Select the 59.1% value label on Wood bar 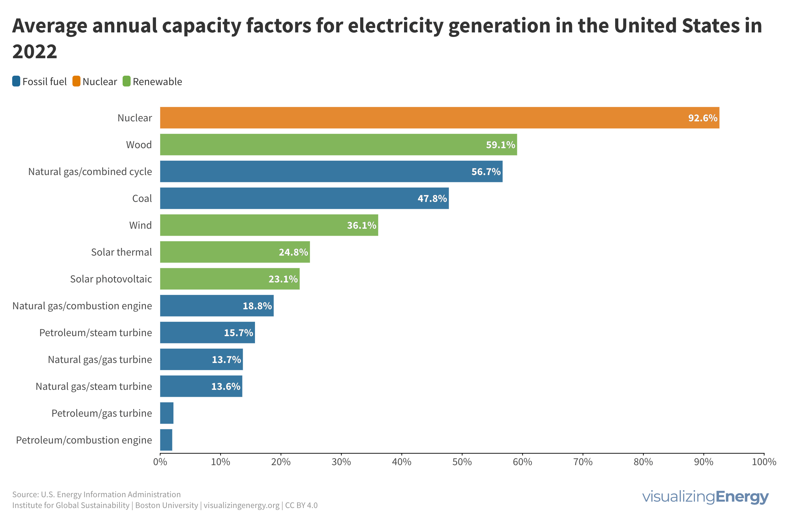coord(500,145)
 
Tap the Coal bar coord(304,198)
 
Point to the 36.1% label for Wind coord(361,225)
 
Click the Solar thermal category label coord(121,252)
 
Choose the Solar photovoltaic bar coord(230,279)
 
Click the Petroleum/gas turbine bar coord(167,413)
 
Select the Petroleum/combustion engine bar coord(166,440)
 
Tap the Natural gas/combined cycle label coord(90,172)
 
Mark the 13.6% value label coord(225,386)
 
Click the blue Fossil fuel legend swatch coord(16,81)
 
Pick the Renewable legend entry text coord(157,82)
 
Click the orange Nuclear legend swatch coord(76,81)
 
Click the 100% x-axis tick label coord(764,462)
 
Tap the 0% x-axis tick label coord(160,462)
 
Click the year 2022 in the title coord(35,52)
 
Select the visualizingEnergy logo coord(705,497)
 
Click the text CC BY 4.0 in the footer coord(301,505)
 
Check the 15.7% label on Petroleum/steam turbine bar coord(238,333)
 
